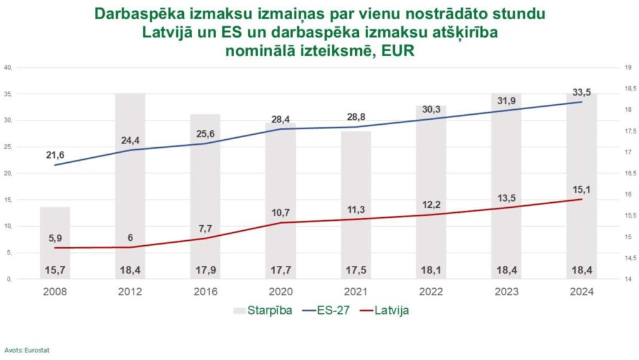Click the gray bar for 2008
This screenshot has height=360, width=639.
click(x=55, y=243)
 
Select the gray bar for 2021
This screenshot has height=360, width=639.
click(x=356, y=205)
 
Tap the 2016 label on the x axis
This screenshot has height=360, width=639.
click(x=205, y=292)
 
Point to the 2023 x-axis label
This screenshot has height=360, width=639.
click(x=506, y=292)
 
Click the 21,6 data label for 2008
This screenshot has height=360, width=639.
click(x=55, y=154)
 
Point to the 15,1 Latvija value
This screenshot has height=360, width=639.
click(x=581, y=188)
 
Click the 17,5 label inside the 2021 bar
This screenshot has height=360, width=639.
click(x=356, y=270)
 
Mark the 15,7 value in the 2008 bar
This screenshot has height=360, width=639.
click(x=55, y=270)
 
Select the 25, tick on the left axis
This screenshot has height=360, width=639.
click(x=9, y=147)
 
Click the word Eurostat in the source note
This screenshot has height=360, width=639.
click(x=38, y=350)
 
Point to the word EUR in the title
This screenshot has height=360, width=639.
click(x=396, y=52)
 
